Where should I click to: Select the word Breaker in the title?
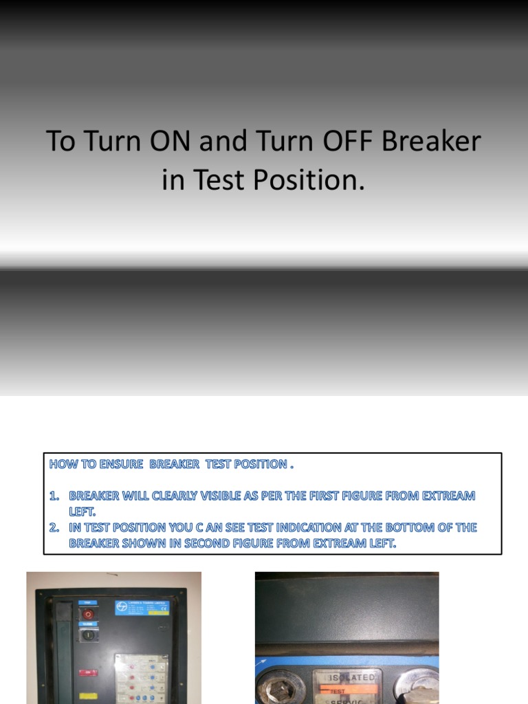pos(431,142)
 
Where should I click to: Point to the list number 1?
pos(54,496)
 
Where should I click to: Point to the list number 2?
pos(54,528)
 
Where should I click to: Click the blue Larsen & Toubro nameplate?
pos(142,608)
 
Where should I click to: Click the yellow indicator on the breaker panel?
pos(87,696)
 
